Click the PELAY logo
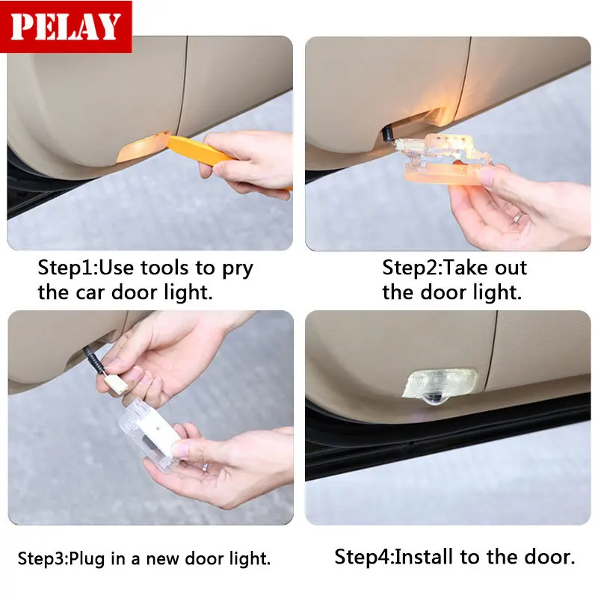click(x=66, y=27)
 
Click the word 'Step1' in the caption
click(x=67, y=268)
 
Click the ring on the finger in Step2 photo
click(x=518, y=218)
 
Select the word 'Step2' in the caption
click(x=411, y=268)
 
